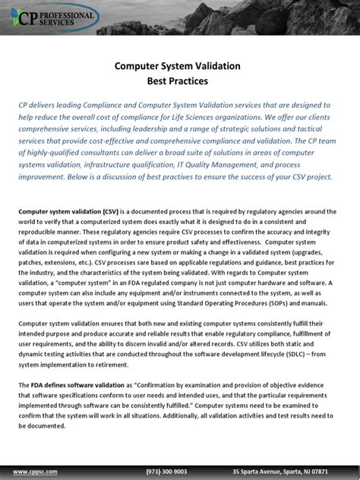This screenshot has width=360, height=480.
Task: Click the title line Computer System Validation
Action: pos(180,66)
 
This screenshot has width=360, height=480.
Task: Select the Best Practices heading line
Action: pos(180,80)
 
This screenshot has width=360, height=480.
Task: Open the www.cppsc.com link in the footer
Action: pos(35,471)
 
